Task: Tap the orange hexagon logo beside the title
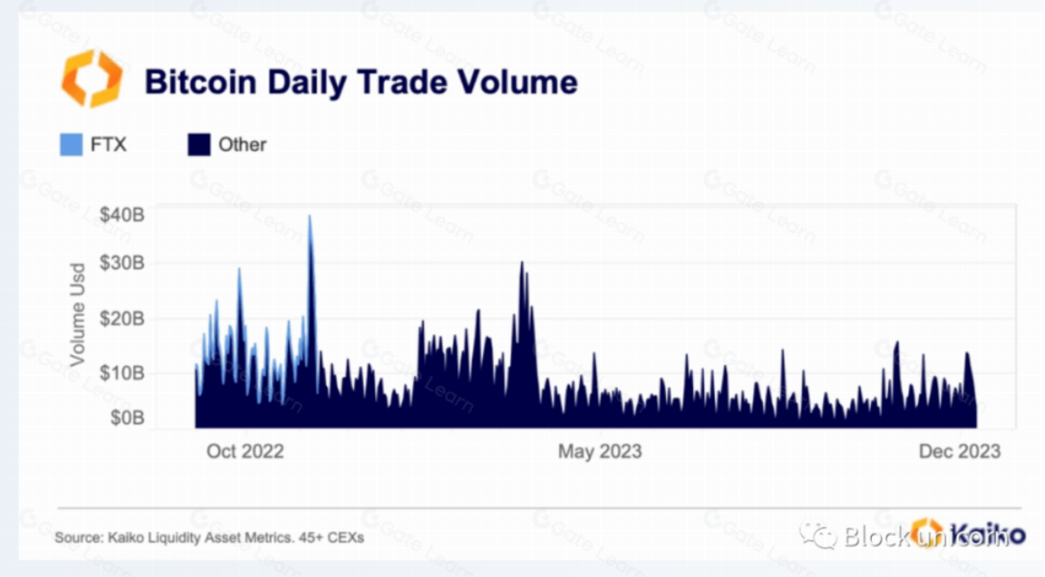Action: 92,79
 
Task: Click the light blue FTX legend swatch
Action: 71,144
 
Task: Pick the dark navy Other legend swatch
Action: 198,144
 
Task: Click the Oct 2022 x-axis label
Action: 244,451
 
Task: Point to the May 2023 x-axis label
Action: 600,451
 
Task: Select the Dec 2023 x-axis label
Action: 959,451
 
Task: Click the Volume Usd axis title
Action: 78,314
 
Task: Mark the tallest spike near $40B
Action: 310,217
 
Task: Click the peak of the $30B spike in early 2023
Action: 522,263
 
